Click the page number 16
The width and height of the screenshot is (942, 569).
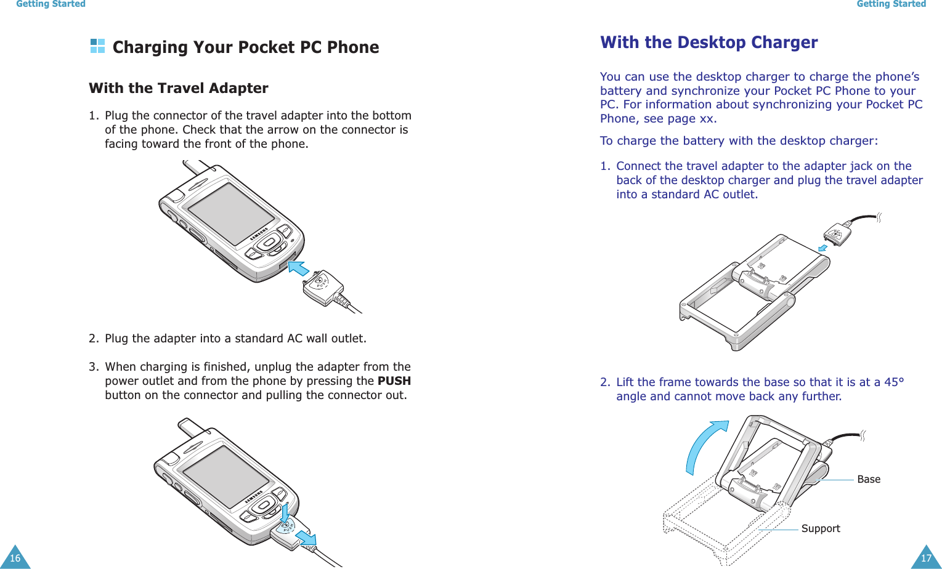tap(15, 558)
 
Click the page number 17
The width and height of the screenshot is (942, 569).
tap(925, 558)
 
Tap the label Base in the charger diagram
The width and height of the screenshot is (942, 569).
tap(868, 479)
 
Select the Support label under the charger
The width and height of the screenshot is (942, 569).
tap(820, 528)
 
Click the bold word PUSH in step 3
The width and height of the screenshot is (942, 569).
tap(394, 381)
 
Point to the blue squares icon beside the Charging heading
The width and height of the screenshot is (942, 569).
tap(97, 46)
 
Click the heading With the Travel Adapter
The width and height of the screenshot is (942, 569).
tap(178, 88)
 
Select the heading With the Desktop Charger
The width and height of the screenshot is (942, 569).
tap(709, 42)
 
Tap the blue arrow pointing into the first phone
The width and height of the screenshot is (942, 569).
tap(299, 268)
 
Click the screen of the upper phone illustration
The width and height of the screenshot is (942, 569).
tap(230, 213)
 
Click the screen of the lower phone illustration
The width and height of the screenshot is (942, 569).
tap(225, 475)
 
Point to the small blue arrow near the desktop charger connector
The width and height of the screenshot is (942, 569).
tap(822, 248)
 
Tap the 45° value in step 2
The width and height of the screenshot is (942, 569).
tap(894, 382)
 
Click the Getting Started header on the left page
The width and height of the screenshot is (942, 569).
tap(51, 4)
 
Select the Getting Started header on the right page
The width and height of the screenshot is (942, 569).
tap(891, 4)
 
